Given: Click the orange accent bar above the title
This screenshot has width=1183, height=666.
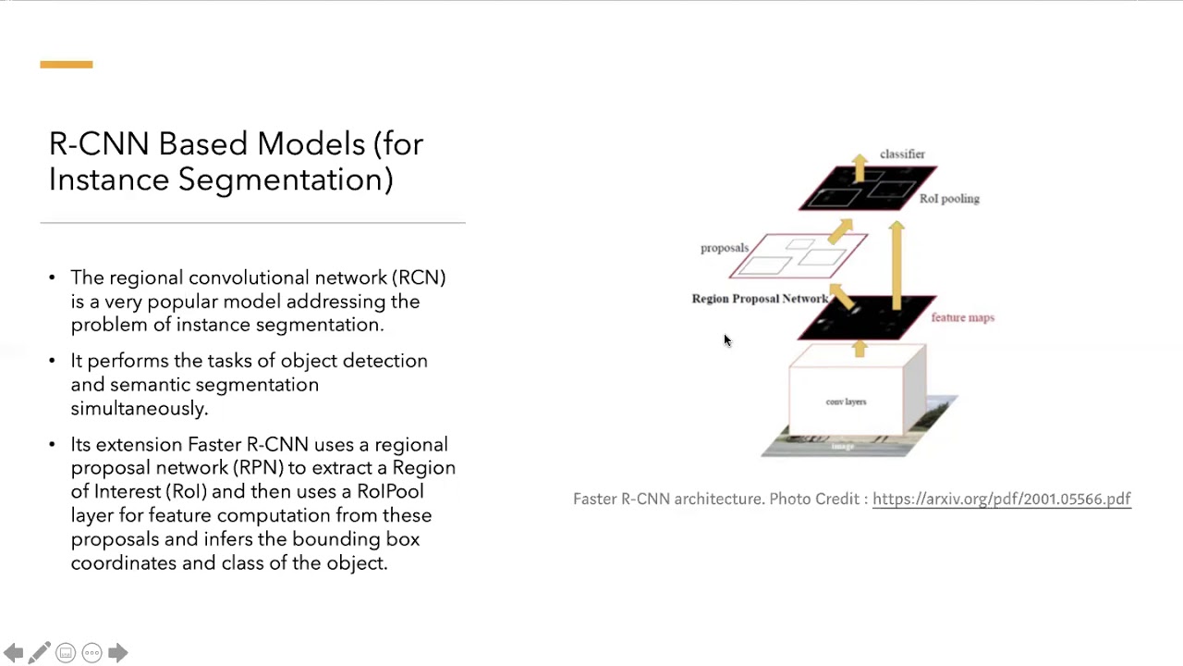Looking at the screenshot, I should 67,65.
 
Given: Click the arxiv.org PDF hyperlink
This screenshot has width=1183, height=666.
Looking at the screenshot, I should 1001,499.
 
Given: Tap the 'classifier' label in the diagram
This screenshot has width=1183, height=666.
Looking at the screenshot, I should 902,154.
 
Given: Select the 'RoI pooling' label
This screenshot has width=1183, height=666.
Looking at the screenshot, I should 949,199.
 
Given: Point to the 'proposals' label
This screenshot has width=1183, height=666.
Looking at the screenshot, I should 724,248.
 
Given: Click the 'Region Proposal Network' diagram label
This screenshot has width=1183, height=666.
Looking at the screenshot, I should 760,299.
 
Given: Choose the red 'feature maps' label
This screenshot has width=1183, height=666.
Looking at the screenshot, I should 962,317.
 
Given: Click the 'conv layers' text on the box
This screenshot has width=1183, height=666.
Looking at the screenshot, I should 846,401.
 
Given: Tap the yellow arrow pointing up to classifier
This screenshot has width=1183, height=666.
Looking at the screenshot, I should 860,167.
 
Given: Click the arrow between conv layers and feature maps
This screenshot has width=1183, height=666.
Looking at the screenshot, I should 860,348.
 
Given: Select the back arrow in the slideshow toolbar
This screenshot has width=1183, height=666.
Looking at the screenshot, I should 13,653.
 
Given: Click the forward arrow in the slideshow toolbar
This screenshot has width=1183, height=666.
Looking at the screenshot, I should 117,653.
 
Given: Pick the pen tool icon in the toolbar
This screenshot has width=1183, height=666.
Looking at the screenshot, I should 39,653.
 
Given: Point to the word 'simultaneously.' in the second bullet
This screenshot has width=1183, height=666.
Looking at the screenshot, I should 140,408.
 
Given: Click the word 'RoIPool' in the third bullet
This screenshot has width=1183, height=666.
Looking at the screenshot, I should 390,491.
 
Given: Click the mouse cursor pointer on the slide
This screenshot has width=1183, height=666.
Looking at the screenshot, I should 726,340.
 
